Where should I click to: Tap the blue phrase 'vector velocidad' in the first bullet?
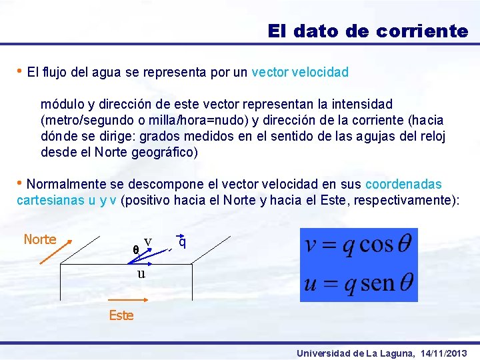pos(300,72)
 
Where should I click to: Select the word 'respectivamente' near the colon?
pos(407,200)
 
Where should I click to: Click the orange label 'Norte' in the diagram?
pos(40,239)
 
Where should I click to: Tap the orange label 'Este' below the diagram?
pos(121,315)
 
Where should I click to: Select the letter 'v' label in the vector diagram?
pos(147,241)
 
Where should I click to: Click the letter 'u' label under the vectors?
pos(141,274)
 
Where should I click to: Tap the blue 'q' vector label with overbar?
pos(181,243)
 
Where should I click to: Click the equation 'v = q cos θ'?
pos(359,245)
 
